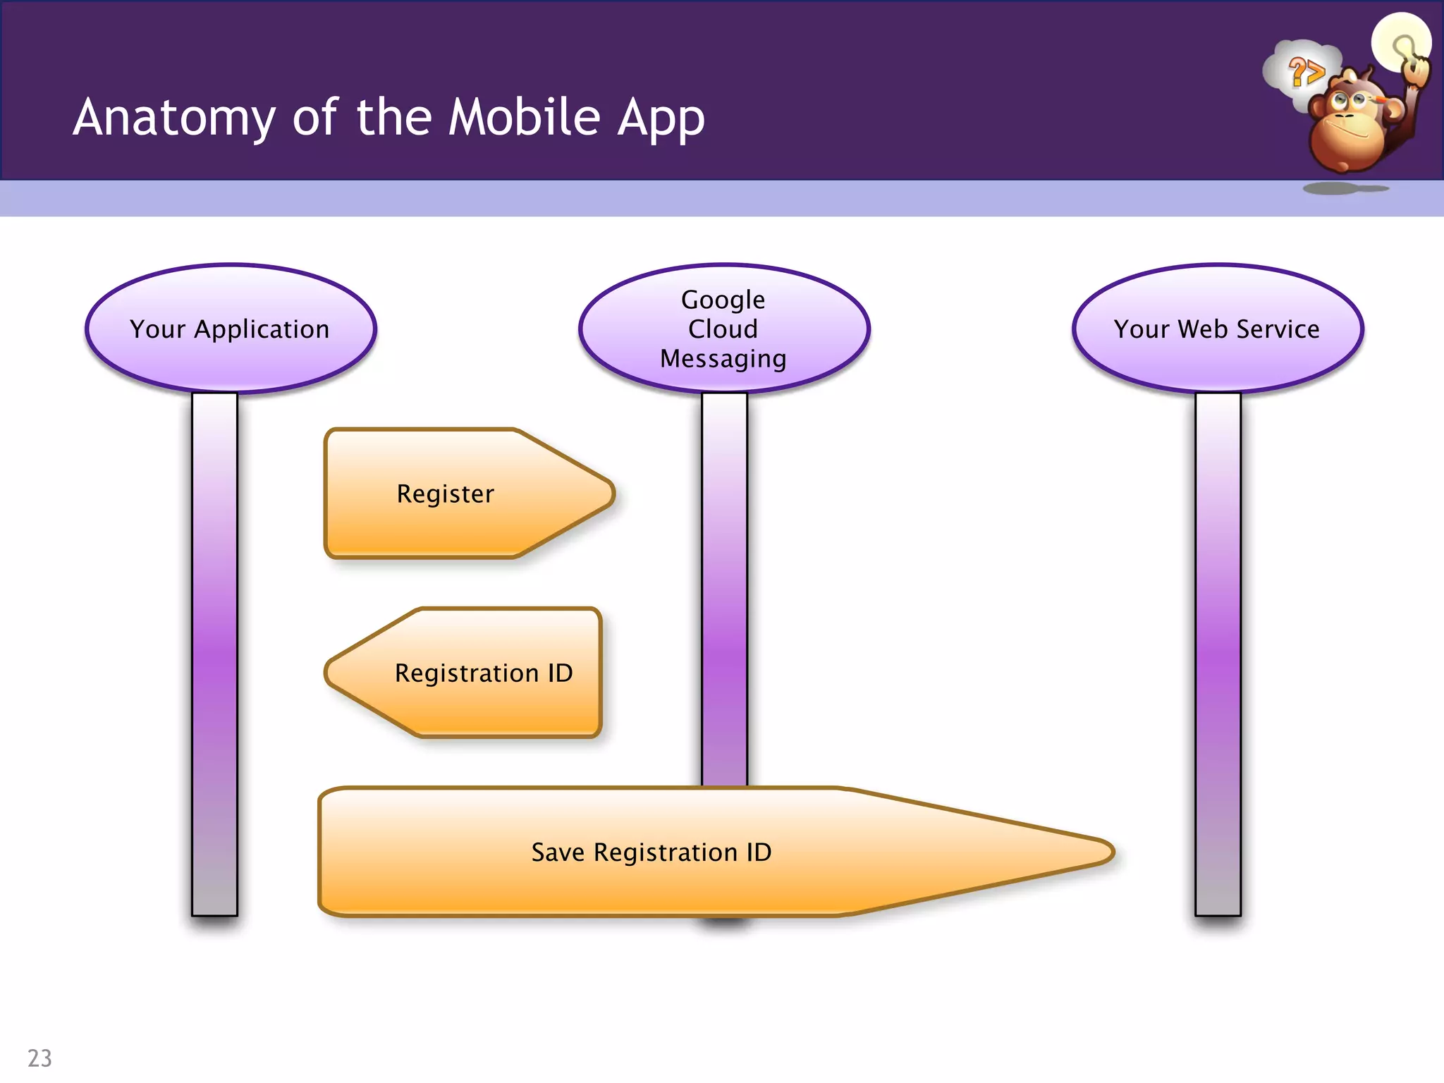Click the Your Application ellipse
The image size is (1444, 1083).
coord(231,329)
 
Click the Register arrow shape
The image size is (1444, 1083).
coord(451,494)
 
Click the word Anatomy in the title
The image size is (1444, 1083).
coord(174,118)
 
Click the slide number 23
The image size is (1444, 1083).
coord(39,1058)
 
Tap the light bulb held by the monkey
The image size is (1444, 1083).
coord(1401,42)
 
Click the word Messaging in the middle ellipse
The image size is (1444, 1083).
coord(723,359)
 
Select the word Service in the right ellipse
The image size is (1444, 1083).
coord(1278,329)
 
